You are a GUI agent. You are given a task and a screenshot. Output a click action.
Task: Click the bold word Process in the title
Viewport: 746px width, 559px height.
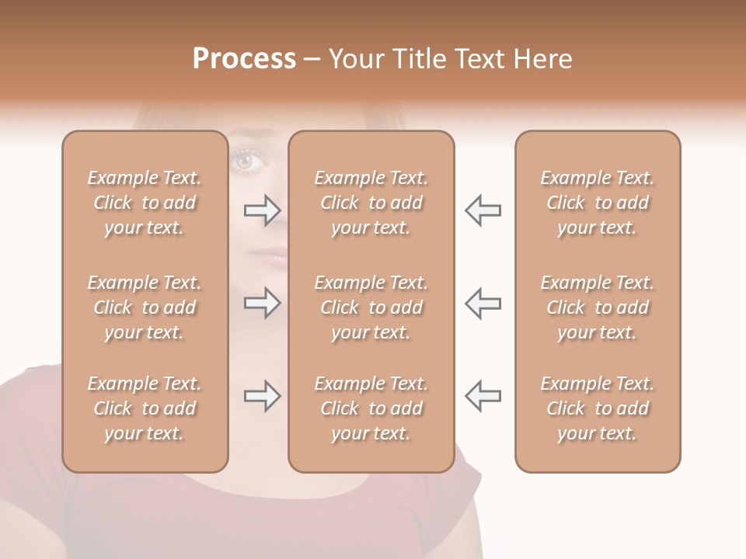244,59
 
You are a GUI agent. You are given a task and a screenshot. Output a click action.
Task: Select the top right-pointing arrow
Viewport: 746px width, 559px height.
263,210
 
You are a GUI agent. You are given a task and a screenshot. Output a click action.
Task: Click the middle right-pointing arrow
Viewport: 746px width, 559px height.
263,302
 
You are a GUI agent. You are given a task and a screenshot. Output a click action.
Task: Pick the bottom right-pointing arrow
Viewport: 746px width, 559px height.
263,396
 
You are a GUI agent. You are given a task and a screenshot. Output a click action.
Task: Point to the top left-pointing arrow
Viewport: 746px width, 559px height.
483,210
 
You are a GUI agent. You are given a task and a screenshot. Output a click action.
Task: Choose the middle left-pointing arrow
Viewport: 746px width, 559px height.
483,302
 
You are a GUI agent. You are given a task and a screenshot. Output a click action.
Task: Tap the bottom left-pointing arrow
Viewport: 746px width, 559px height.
483,396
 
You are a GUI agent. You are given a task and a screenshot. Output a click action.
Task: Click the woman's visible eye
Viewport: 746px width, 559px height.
246,160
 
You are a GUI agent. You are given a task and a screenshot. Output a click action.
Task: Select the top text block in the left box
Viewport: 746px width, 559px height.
145,203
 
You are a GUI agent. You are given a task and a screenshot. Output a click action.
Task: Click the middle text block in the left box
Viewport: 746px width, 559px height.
145,307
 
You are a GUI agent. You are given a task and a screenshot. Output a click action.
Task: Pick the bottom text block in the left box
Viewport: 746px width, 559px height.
145,408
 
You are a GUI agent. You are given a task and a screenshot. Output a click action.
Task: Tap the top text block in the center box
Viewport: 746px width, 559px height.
371,203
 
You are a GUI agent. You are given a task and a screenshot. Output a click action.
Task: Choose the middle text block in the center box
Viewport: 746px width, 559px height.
371,307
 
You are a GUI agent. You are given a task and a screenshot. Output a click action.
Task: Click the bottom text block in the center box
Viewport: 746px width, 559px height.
371,408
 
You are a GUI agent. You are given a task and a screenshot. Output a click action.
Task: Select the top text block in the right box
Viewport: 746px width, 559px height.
597,203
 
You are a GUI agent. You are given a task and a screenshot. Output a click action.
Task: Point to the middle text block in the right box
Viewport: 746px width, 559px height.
597,307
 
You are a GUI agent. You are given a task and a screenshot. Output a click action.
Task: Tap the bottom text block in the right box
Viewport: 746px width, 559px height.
597,408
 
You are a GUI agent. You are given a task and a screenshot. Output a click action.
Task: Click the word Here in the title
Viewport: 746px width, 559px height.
544,59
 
